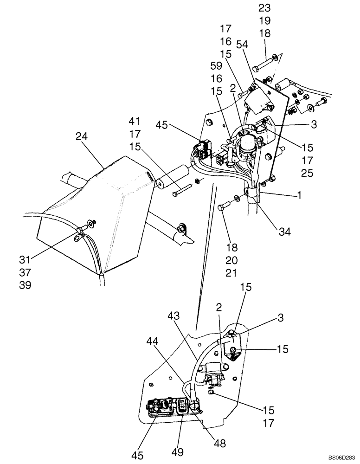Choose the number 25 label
tap(307, 174)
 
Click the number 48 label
tap(220, 444)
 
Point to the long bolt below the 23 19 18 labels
tap(264, 62)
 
